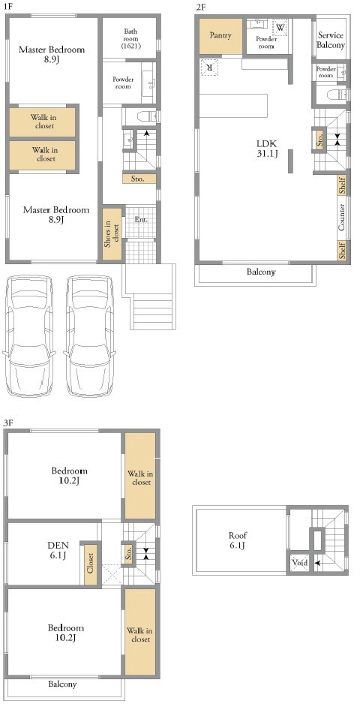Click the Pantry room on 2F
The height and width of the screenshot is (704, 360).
[220, 35]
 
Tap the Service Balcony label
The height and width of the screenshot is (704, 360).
[331, 40]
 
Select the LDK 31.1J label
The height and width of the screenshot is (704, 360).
[267, 149]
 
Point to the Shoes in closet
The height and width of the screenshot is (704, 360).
[112, 233]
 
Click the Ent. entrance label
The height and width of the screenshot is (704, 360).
[141, 220]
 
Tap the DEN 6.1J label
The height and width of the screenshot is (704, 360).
[58, 550]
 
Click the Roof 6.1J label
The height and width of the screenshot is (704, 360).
[238, 540]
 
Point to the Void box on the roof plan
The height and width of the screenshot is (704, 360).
[299, 562]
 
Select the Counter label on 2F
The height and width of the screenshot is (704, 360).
[341, 218]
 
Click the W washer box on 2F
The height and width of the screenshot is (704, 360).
[280, 27]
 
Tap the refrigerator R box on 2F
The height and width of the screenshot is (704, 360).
[209, 68]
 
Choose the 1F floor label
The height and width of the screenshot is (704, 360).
[10, 8]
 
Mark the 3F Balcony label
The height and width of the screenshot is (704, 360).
[62, 684]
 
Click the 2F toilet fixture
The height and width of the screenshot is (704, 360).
[337, 95]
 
